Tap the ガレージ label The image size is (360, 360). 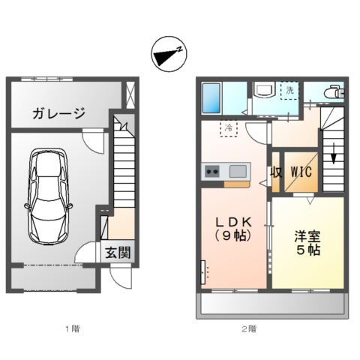coord(58,114)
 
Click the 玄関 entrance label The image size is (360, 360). coord(118,253)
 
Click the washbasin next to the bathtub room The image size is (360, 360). coord(264,92)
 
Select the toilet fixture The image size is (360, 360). coord(332,92)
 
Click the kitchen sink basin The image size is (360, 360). coord(236,170)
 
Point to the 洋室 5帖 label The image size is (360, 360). coord(308,242)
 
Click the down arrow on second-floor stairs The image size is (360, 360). coord(334,158)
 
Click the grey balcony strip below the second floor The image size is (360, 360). coord(271,304)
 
